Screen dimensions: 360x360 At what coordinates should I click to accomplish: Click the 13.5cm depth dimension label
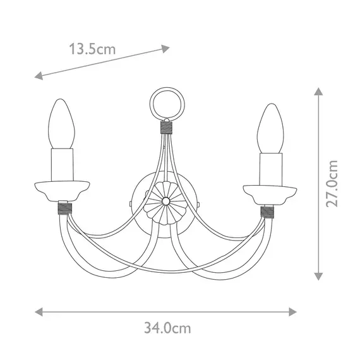(x=92, y=49)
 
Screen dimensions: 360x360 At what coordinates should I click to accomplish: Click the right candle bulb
(x=270, y=128)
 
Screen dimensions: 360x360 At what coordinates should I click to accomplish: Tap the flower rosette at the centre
(x=165, y=200)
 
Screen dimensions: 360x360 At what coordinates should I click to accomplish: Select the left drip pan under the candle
(x=62, y=189)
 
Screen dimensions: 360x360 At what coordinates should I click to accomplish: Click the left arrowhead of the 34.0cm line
(x=39, y=312)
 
